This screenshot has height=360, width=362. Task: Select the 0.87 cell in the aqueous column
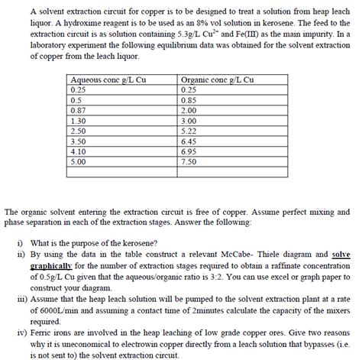[78, 110]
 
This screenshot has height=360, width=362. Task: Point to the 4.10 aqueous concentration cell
[78, 151]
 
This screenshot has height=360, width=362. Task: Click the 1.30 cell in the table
[78, 121]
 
